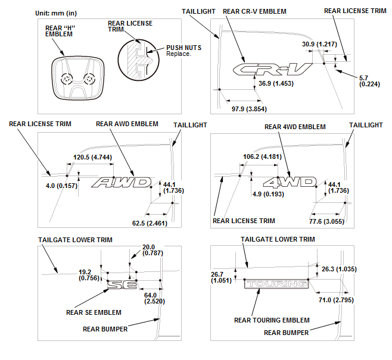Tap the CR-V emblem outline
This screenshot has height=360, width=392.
tap(272, 69)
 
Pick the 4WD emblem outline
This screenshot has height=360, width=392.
tap(290, 182)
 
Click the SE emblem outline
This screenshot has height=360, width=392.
tap(122, 284)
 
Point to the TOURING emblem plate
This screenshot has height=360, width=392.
tap(276, 284)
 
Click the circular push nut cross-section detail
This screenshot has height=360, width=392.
tap(138, 60)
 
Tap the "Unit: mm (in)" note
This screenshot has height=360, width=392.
tap(56, 13)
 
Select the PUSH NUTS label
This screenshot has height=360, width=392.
tap(183, 48)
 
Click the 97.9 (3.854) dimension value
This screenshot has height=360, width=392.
tap(249, 109)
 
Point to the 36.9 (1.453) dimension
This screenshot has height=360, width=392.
tap(276, 83)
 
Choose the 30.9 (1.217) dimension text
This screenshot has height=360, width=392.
tap(319, 44)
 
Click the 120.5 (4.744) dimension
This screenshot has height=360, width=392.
tap(92, 157)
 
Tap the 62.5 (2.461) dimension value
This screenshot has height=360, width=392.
tap(150, 223)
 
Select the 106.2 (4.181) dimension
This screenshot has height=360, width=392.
tap(262, 156)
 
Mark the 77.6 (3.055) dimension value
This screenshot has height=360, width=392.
tap(326, 221)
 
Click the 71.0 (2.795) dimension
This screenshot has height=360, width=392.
tap(336, 300)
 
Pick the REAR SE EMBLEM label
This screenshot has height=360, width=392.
tap(94, 312)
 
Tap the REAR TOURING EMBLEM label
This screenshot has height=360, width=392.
tap(272, 320)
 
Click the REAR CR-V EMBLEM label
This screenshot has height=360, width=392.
tap(254, 11)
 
